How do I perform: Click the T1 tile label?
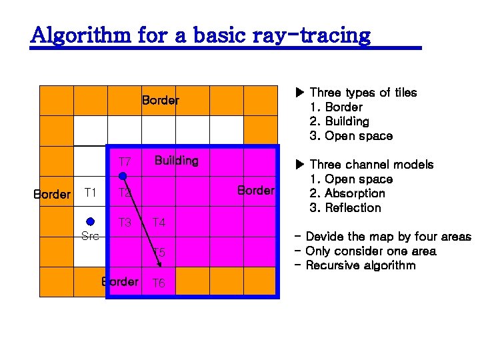point(91,193)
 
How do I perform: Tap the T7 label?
point(125,163)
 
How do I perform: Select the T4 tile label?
point(159,223)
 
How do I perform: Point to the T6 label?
point(159,283)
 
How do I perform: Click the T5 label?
point(159,253)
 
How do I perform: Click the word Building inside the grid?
point(176,161)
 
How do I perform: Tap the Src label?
point(90,236)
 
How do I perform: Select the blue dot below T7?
point(123,176)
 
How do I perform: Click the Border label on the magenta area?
point(256,191)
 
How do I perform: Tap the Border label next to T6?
point(121,281)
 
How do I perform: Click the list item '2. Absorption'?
point(347,193)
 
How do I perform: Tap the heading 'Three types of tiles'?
point(363,93)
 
